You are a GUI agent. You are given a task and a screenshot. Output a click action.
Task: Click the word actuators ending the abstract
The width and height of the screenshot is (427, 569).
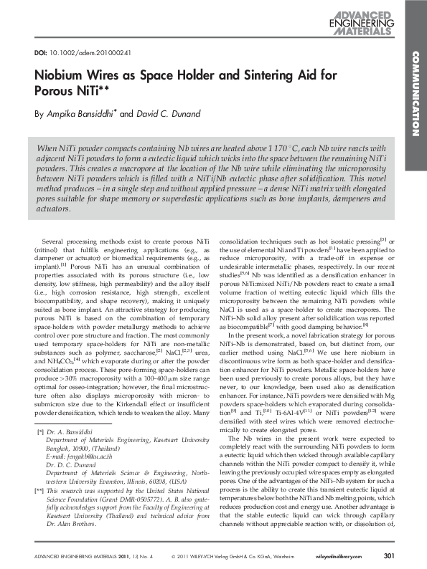[x=53, y=210]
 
